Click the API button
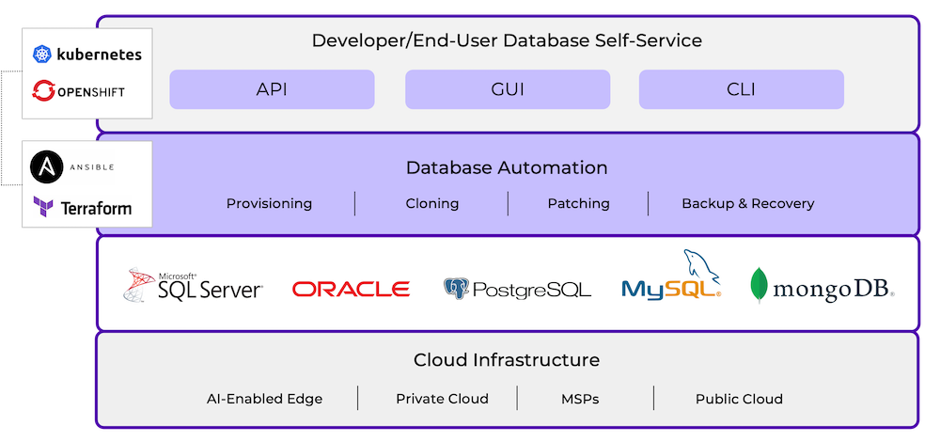[272, 90]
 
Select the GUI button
[508, 90]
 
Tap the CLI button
[741, 90]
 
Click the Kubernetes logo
[86, 55]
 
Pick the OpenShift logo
[79, 91]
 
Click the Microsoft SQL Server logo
[194, 285]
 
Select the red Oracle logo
[351, 289]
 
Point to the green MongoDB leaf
[759, 286]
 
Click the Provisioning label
[269, 203]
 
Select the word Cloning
[431, 203]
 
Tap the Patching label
[578, 203]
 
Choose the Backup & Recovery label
[747, 203]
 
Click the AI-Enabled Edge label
[264, 399]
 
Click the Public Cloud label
[739, 399]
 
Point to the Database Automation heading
[507, 168]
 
